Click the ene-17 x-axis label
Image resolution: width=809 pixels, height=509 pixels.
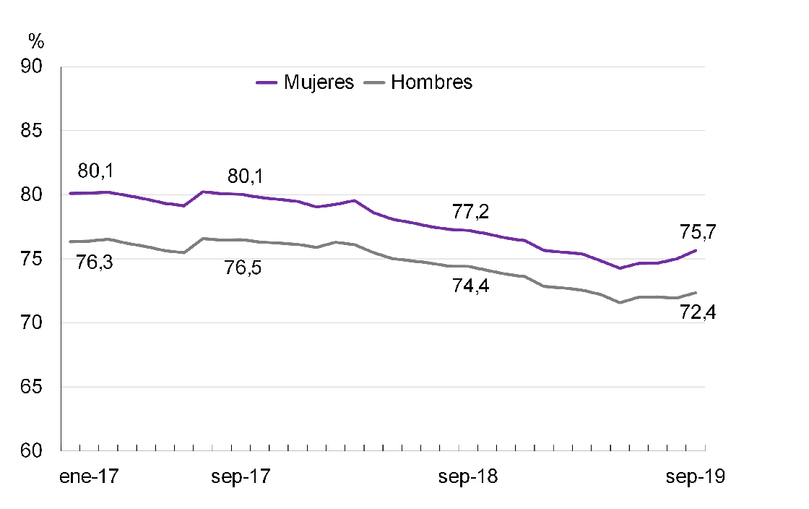90,478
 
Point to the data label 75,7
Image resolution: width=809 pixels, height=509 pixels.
698,232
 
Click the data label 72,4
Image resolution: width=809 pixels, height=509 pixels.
698,313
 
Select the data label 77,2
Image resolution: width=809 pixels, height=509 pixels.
471,212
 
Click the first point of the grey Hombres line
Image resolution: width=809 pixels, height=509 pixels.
70,241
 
